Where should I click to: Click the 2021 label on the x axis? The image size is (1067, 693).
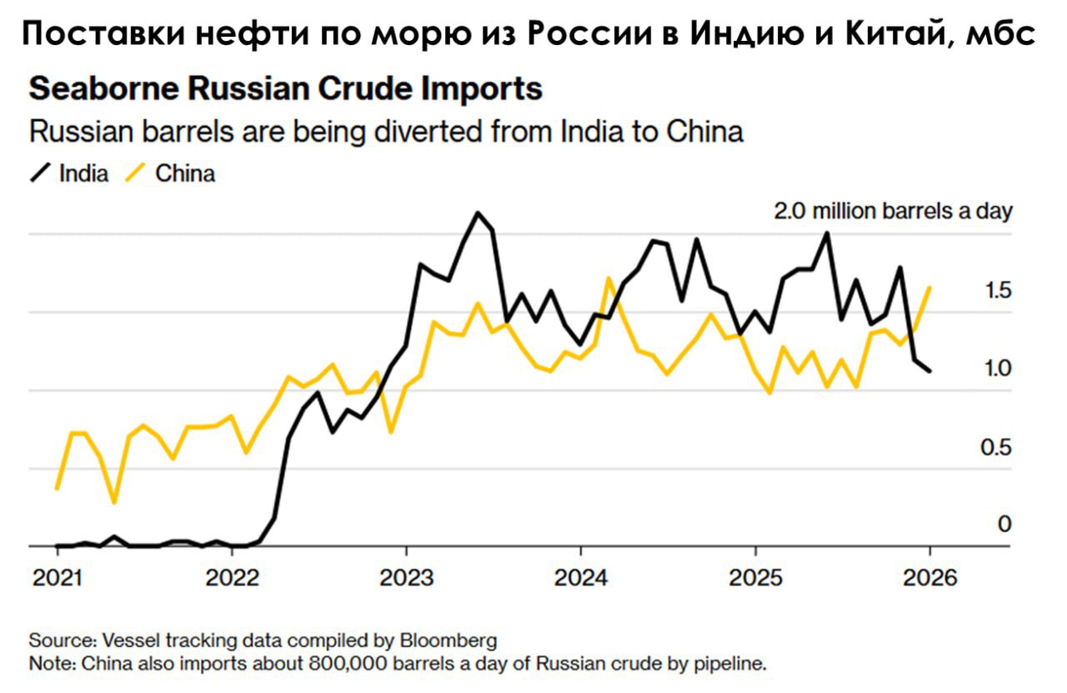pyautogui.click(x=57, y=577)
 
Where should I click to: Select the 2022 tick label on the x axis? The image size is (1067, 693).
pyautogui.click(x=231, y=577)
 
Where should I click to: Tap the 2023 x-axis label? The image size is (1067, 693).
pyautogui.click(x=406, y=577)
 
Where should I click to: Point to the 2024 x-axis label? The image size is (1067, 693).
pyautogui.click(x=580, y=577)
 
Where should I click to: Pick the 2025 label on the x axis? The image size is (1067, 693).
pyautogui.click(x=754, y=577)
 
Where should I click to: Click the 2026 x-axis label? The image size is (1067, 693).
pyautogui.click(x=929, y=577)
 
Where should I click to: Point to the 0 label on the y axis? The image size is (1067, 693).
pyautogui.click(x=1004, y=524)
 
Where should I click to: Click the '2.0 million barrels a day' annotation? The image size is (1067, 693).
pyautogui.click(x=893, y=211)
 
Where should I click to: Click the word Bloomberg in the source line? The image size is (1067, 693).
pyautogui.click(x=449, y=640)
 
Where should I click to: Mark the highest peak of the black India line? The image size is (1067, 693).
pyautogui.click(x=478, y=213)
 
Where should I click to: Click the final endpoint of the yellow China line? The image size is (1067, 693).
pyautogui.click(x=929, y=288)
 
